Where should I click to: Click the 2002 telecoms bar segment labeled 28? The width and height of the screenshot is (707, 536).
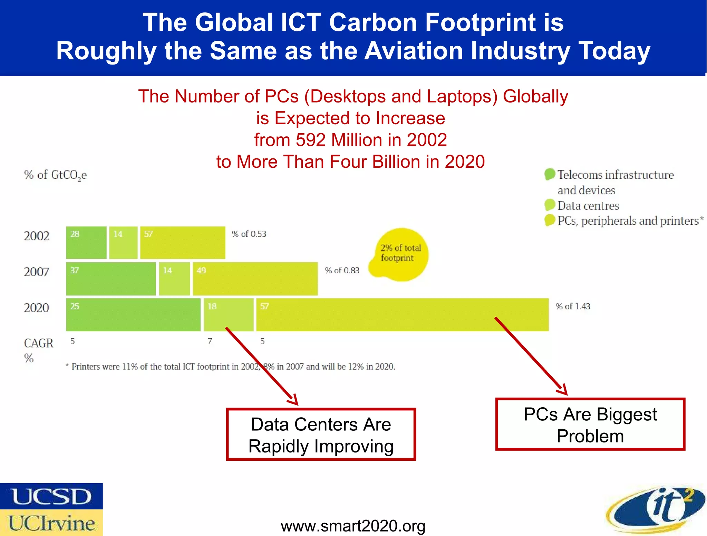pos(86,243)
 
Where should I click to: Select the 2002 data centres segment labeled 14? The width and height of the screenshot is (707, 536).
pos(123,243)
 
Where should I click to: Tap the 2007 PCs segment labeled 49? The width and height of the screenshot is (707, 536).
pos(255,279)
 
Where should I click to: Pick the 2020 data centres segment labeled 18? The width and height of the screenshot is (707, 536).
pos(229,315)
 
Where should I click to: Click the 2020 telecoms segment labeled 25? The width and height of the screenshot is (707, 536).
pos(133,315)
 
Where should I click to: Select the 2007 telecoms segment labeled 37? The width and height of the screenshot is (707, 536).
pos(111,279)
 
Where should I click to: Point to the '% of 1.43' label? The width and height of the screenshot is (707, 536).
pos(573,306)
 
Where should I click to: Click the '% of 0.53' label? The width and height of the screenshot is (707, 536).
pos(249,234)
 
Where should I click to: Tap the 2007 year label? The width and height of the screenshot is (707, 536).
pos(37,272)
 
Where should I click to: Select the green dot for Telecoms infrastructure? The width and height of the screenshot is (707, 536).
pos(550,174)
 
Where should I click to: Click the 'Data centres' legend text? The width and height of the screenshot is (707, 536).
pos(588,206)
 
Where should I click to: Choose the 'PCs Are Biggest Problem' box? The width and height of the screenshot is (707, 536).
pos(590,425)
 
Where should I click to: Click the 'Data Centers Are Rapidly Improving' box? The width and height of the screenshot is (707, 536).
pos(321,435)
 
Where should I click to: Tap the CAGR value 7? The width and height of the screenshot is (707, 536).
pos(210,341)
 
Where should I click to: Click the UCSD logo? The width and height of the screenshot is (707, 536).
pos(51,496)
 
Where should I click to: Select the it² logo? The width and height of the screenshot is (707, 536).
pos(656,509)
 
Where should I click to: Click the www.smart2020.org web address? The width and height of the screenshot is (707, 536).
pos(353,526)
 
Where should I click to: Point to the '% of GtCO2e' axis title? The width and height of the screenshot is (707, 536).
pos(55,175)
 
